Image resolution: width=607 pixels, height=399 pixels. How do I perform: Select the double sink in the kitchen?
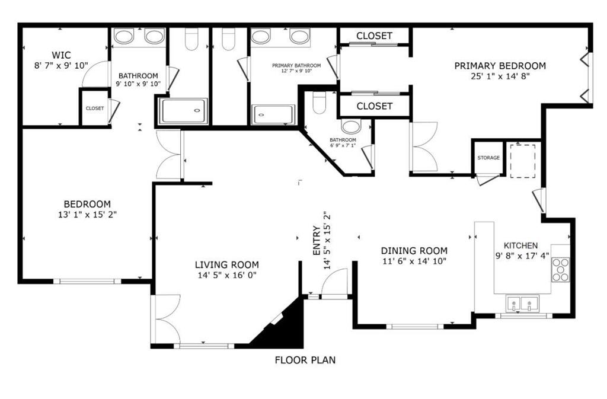point(522,304)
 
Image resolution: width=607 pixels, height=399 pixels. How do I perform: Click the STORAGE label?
point(488,158)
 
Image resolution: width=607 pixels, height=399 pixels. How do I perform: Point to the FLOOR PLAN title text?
point(305,360)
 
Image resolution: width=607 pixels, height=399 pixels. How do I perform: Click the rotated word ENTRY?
point(317,240)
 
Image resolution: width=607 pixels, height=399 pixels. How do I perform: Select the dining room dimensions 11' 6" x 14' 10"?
point(414,261)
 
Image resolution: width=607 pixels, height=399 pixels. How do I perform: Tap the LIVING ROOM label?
point(227,264)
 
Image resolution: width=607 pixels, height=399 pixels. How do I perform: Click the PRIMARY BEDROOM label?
point(500,66)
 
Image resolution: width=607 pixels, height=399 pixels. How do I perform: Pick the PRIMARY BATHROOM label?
point(296,66)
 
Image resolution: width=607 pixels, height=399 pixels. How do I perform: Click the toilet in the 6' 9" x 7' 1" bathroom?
point(320,102)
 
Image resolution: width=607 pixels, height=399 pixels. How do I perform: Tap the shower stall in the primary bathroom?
point(273,114)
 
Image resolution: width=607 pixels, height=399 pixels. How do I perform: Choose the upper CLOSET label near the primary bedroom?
point(374,36)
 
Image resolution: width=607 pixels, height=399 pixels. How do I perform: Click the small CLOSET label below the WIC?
point(95,108)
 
